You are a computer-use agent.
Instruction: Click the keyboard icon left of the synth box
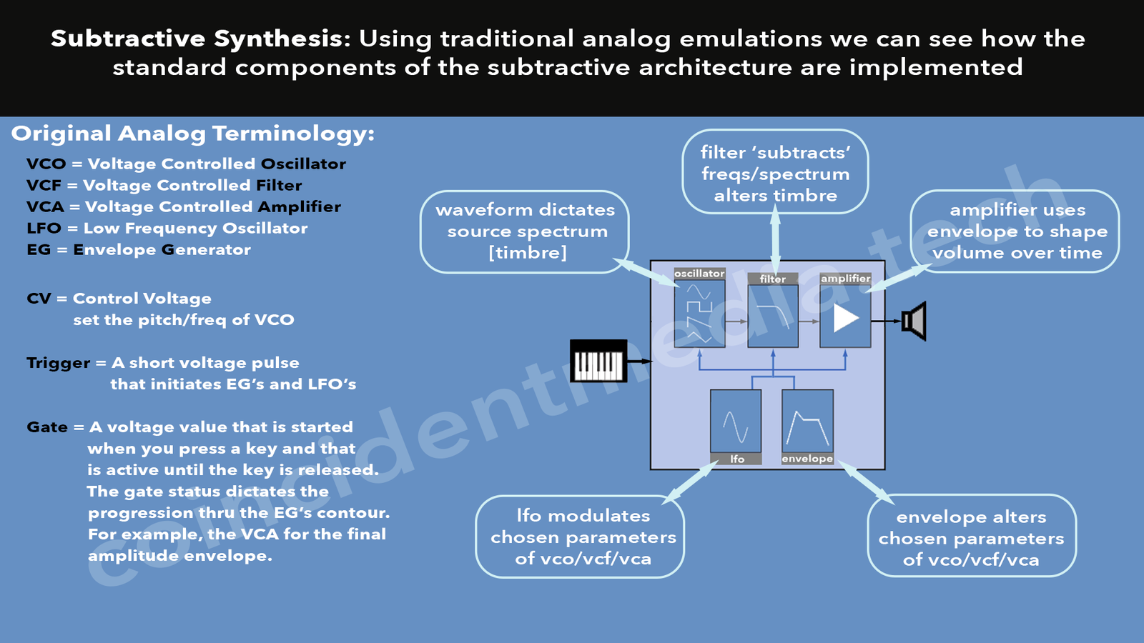click(598, 361)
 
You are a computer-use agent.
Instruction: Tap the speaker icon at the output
click(914, 321)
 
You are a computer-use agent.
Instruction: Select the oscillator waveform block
click(700, 314)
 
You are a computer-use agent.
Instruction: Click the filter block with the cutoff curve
click(773, 316)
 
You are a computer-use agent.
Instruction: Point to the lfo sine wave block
click(736, 421)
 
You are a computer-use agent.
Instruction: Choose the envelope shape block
click(807, 421)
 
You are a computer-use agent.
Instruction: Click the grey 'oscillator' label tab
click(700, 274)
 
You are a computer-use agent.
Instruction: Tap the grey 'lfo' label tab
click(736, 459)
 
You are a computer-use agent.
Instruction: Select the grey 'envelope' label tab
click(807, 458)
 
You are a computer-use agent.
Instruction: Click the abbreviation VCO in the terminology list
click(46, 164)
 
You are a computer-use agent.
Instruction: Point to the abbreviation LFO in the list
click(44, 228)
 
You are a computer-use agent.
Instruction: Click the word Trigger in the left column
click(59, 364)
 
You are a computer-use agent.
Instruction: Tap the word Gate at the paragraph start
click(47, 427)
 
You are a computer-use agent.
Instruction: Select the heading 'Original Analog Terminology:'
click(193, 134)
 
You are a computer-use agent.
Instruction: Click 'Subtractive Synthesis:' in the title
click(201, 39)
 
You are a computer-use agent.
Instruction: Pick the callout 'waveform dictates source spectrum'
click(525, 231)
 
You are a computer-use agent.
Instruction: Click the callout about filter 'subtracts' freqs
click(775, 172)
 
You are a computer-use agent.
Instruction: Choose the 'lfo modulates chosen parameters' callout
click(580, 537)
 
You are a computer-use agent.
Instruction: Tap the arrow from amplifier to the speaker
click(886, 321)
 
